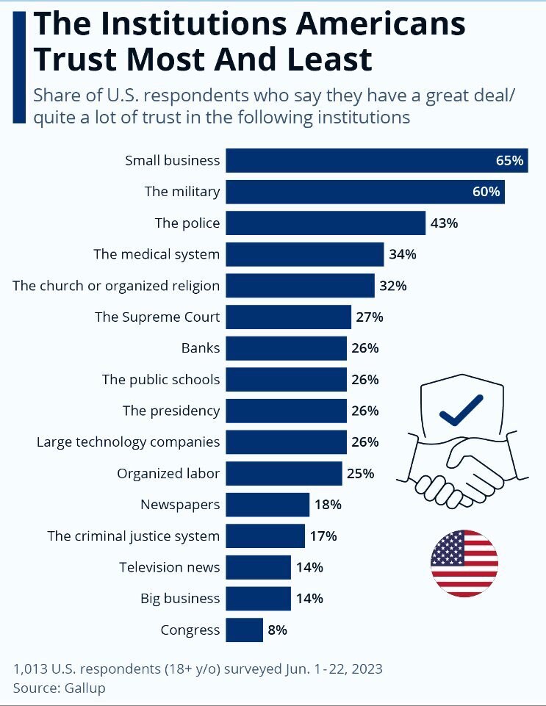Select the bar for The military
coord(364,192)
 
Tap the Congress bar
coord(244,630)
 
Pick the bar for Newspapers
coord(267,505)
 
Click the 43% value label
coord(444,223)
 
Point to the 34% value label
coord(403,254)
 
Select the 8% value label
coord(277,630)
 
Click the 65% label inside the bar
coord(509,160)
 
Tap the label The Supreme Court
coord(157,317)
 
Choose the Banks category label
coord(201,348)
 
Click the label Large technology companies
coord(128,442)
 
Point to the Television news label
coord(170,567)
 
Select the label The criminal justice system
coord(133,536)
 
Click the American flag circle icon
coord(464,563)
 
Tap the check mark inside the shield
coord(461,409)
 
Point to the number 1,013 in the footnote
coord(31,669)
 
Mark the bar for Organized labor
coord(284,473)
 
